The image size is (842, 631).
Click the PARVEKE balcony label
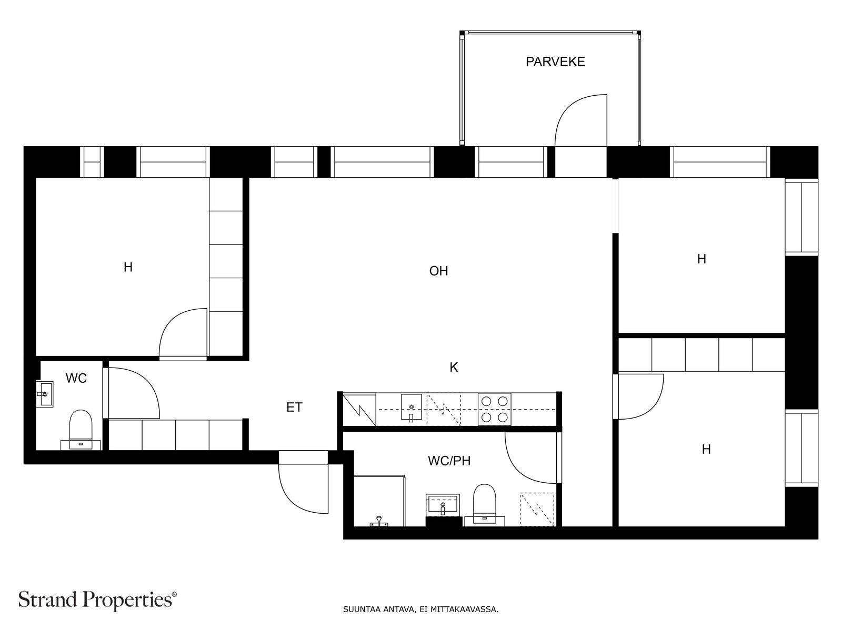pyautogui.click(x=555, y=62)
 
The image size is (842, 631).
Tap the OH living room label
pyautogui.click(x=438, y=271)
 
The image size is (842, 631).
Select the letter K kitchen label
pyautogui.click(x=454, y=368)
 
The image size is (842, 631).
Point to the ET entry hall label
pyautogui.click(x=294, y=407)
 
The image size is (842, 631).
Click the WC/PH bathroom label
pyautogui.click(x=449, y=461)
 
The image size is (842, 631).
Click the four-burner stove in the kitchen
pyautogui.click(x=495, y=409)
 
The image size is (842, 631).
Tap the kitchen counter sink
pyautogui.click(x=411, y=407)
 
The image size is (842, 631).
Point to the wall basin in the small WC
pyautogui.click(x=45, y=394)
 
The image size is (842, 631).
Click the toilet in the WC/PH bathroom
pyautogui.click(x=485, y=505)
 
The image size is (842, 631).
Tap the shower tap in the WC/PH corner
pyautogui.click(x=379, y=522)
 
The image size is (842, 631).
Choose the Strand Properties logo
pyautogui.click(x=98, y=600)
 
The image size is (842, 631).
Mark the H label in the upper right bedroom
pyautogui.click(x=701, y=259)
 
